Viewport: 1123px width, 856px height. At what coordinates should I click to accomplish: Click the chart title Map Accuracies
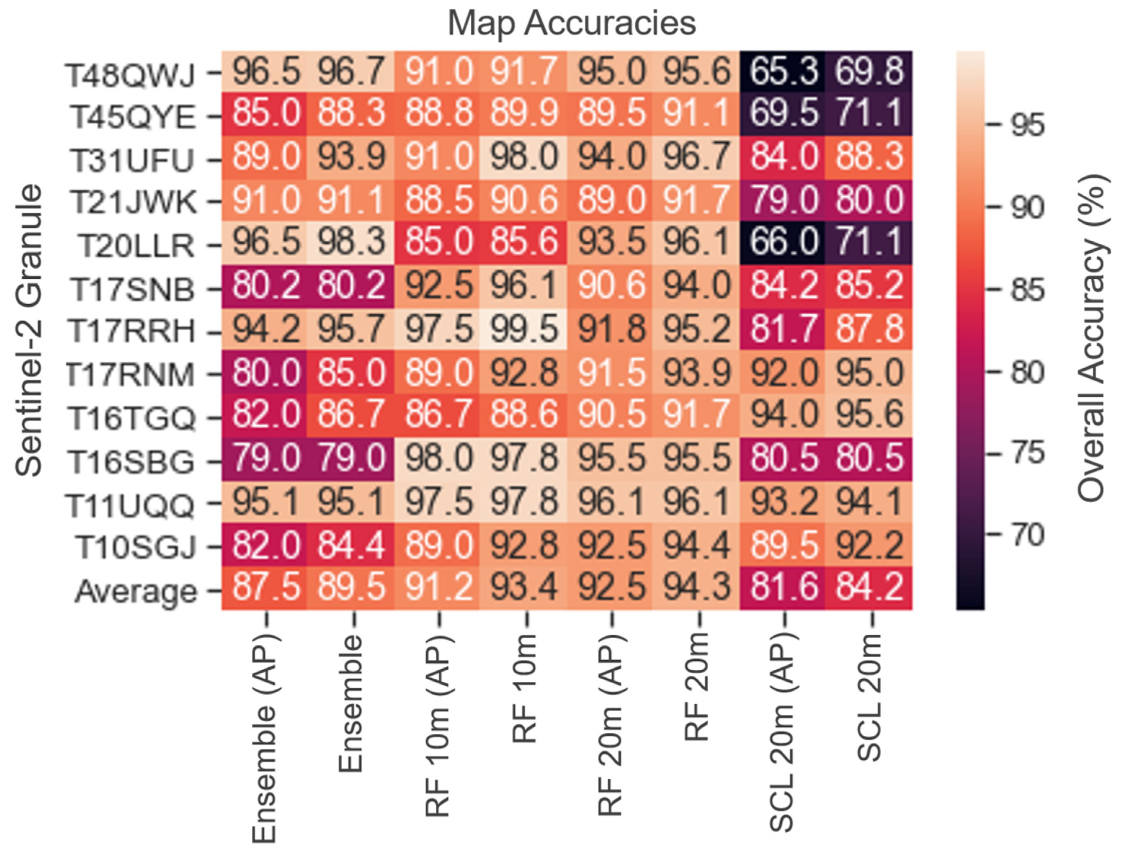point(571,23)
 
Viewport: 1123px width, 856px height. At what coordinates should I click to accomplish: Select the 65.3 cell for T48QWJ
point(783,71)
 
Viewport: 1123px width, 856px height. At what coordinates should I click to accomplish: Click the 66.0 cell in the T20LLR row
point(783,242)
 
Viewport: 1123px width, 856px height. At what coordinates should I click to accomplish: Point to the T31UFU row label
point(132,160)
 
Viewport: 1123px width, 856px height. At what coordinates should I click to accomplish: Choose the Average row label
point(136,590)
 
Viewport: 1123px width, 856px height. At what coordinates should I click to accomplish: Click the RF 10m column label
point(525,688)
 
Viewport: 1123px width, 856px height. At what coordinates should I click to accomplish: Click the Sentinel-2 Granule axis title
point(29,330)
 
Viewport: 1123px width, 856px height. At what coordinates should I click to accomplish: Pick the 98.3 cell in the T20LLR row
point(351,242)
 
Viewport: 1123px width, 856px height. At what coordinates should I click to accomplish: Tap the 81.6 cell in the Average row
point(783,587)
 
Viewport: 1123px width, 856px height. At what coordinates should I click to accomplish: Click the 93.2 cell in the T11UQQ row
point(783,501)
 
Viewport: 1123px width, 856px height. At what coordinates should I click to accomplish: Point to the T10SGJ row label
point(135,547)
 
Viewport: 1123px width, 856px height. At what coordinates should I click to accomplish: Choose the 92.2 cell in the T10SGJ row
point(869,544)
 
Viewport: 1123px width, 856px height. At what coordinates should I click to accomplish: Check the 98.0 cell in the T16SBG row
point(438,458)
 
